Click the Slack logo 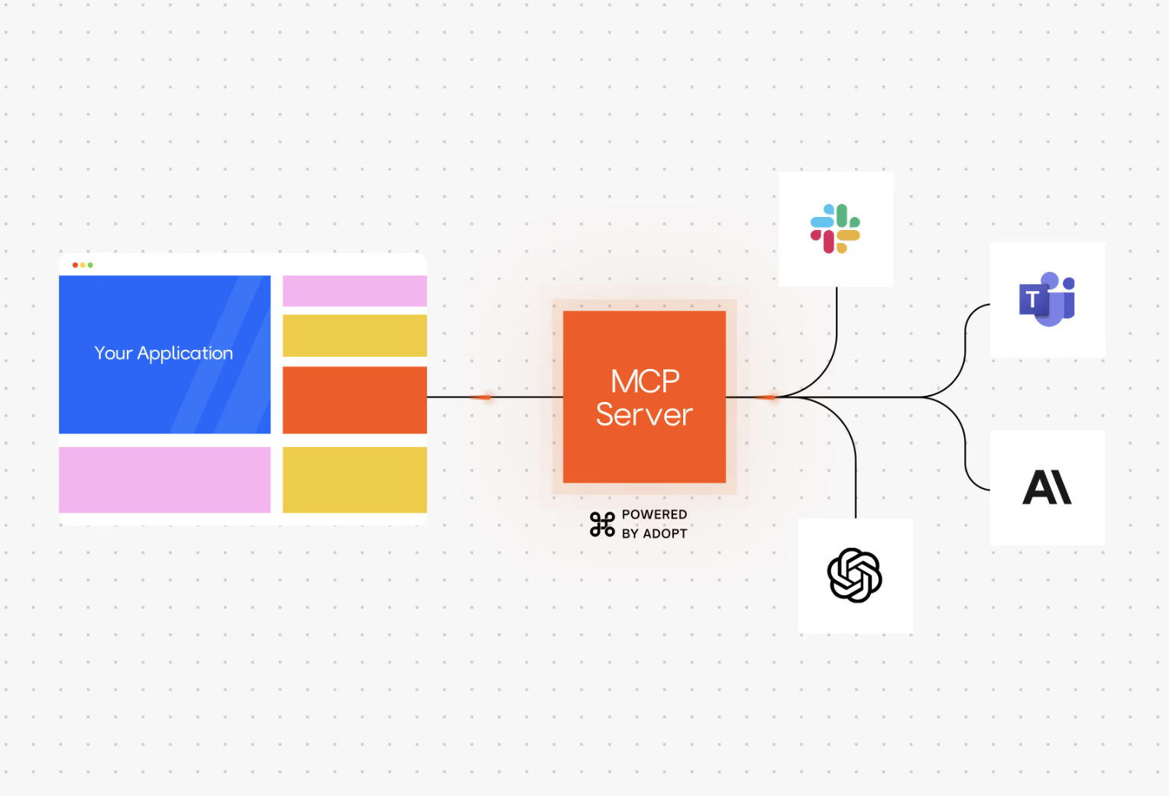pos(835,228)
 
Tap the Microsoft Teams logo pos(1047,299)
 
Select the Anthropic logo pos(1047,487)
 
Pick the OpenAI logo pos(854,575)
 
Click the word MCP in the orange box pos(645,381)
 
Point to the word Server pos(644,415)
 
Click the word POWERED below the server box pos(654,515)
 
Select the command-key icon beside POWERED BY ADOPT pos(602,524)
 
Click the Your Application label pos(164,353)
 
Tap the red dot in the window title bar pos(75,265)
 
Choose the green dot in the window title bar pos(90,265)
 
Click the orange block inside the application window pos(355,400)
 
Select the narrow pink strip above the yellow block pos(355,291)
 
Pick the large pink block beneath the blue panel pos(164,480)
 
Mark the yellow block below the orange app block pos(355,480)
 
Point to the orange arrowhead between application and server pos(482,397)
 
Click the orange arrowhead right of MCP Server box pos(765,397)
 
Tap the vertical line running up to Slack pos(837,321)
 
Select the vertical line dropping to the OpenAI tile pos(856,481)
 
